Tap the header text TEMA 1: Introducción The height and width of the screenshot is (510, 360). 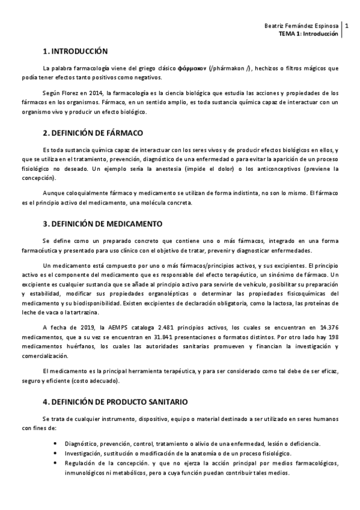(x=309, y=34)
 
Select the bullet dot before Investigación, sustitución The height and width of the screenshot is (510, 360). (x=55, y=453)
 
